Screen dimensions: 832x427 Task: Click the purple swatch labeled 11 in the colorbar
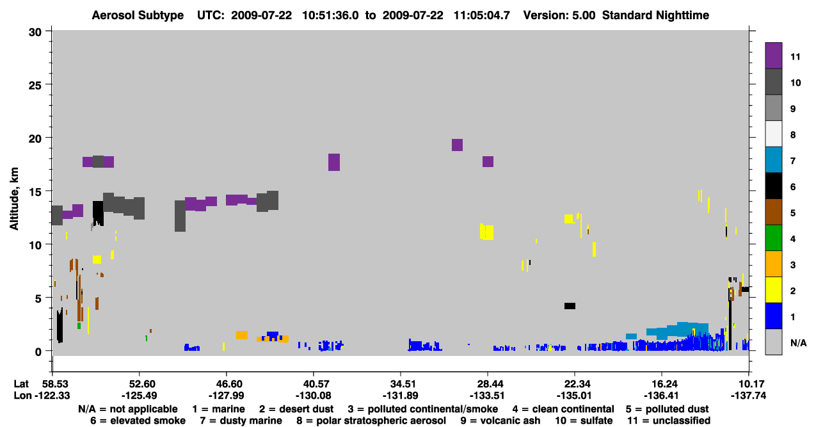tap(773, 55)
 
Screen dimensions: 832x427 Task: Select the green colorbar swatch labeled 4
tap(773, 238)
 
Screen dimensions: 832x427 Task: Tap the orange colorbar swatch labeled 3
tap(773, 264)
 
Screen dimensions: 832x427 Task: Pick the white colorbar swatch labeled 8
tap(773, 133)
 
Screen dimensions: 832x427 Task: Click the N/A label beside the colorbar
tap(798, 342)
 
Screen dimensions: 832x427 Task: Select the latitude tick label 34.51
tap(401, 383)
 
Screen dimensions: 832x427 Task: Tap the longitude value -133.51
tap(487, 396)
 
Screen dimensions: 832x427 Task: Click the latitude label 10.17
tap(749, 383)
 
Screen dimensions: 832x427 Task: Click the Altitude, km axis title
tap(13, 199)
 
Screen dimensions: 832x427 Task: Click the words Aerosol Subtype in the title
tap(138, 15)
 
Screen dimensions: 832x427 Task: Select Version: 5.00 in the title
tap(559, 15)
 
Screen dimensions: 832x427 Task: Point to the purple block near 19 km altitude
tap(457, 145)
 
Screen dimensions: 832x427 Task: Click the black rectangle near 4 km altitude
tap(570, 306)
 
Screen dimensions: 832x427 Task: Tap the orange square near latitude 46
tap(242, 335)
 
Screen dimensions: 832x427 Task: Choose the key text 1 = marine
tap(218, 409)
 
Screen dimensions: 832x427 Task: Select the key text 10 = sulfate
tap(584, 421)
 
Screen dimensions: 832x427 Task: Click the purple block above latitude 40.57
tap(334, 162)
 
